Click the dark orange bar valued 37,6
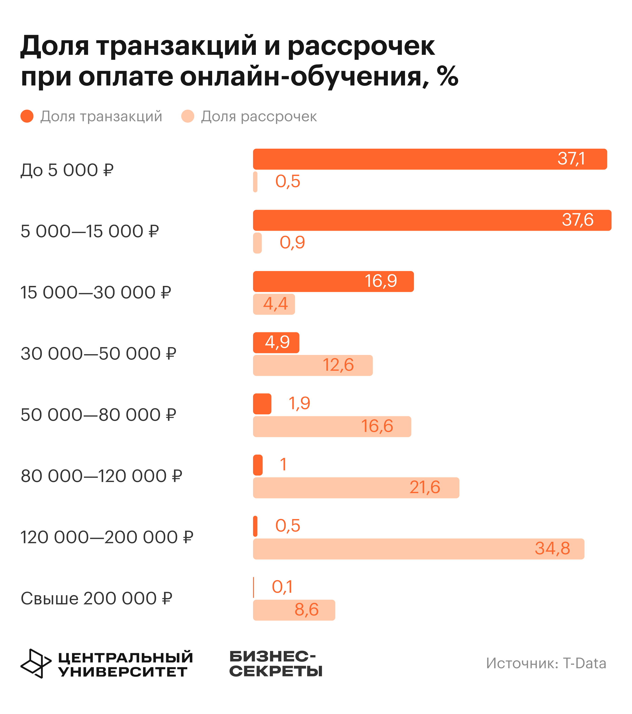click(432, 220)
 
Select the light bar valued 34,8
click(418, 549)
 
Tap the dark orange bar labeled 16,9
click(333, 281)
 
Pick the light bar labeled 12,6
click(313, 365)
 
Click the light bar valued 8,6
click(294, 610)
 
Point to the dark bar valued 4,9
click(276, 342)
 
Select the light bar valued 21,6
click(356, 488)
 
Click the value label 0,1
click(282, 587)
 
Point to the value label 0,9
click(292, 242)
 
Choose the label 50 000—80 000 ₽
click(98, 415)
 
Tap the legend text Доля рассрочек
click(259, 116)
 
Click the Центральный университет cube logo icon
click(36, 663)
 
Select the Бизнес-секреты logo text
click(276, 664)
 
